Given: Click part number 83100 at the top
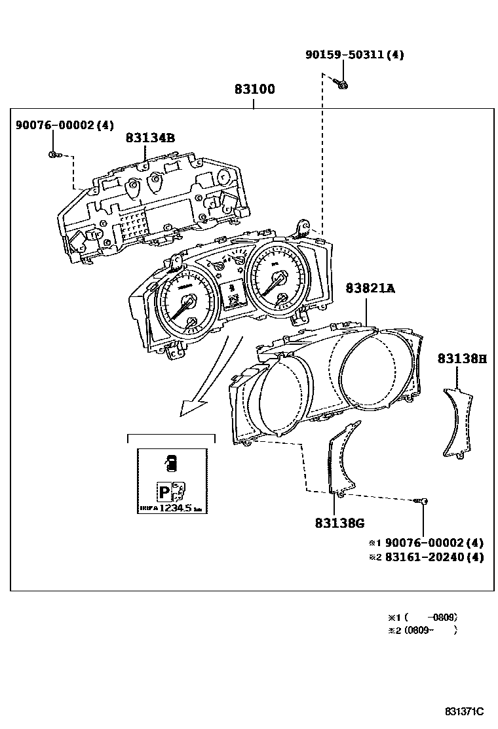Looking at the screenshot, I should [255, 90].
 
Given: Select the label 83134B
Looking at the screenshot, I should [150, 138].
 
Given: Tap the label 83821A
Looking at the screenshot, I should [370, 288].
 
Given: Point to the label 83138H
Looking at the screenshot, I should [462, 359].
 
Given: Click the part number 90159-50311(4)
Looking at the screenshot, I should [354, 55].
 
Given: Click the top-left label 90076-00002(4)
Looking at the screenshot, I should [65, 125].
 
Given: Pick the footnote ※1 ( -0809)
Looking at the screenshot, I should [422, 617].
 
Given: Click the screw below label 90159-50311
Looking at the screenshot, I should [341, 83].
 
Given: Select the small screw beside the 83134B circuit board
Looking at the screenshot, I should [53, 155].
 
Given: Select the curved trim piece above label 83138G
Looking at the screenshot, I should [341, 459].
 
